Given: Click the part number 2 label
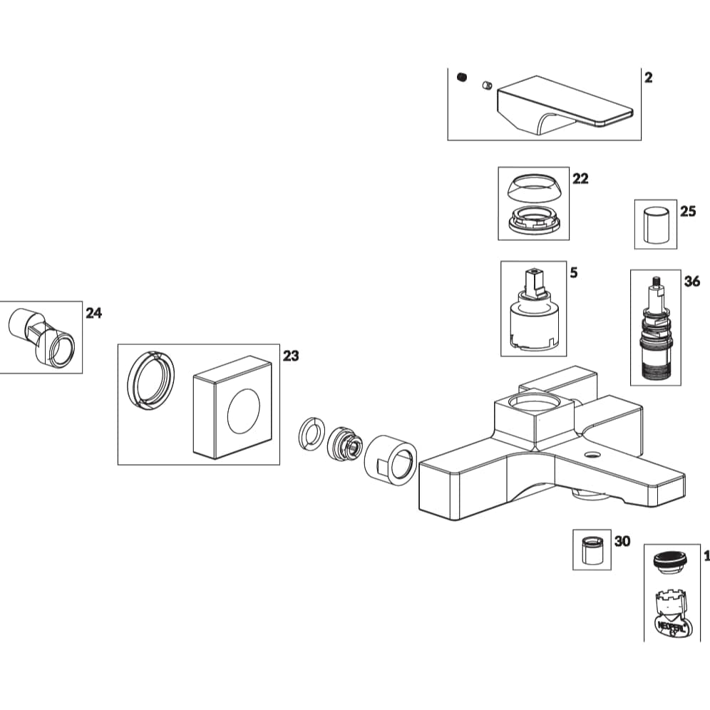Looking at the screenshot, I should (648, 78).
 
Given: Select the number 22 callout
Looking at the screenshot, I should (580, 178).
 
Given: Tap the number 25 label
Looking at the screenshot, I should (687, 212).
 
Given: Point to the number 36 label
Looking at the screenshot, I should (691, 281).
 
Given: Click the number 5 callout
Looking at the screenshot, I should (574, 272).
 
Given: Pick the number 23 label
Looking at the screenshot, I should (291, 356).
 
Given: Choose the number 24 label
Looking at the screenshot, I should (94, 313).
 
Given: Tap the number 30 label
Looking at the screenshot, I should (622, 541).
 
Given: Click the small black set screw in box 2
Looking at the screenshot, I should (461, 77).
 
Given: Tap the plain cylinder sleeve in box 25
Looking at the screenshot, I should (655, 225).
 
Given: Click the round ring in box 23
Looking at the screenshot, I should (150, 381).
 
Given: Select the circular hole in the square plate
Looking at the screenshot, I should (243, 412).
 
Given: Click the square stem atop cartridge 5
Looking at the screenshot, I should (532, 278).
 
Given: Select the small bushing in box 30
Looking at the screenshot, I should (592, 550).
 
